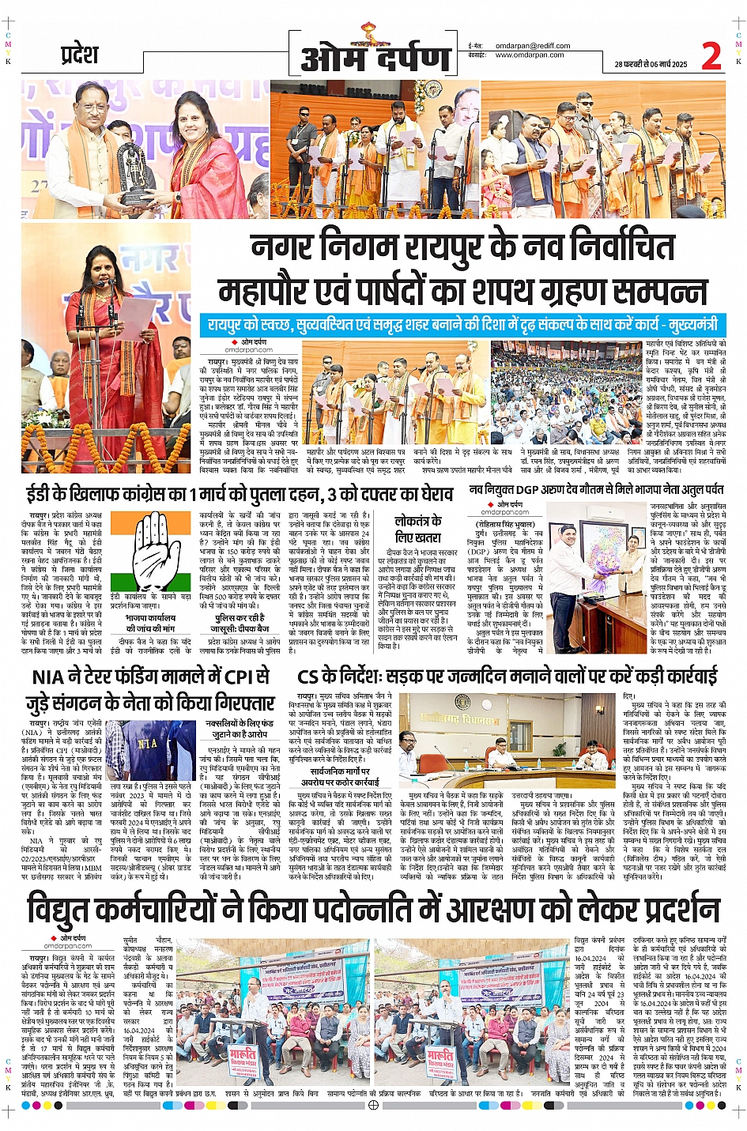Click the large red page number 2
point(711,56)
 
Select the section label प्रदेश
point(80,55)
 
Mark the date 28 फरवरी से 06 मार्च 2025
point(647,65)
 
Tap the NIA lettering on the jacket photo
point(148,744)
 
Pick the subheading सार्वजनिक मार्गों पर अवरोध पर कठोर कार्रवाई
point(340,776)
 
